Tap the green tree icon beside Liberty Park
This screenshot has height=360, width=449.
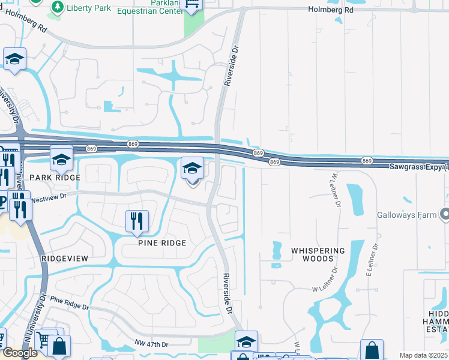point(57,7)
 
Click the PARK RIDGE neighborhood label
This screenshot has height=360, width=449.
point(55,178)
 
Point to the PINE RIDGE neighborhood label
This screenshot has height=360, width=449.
point(162,243)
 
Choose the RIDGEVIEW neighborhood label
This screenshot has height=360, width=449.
point(65,258)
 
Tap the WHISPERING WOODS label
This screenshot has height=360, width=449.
point(318,254)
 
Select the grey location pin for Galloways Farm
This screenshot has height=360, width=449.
point(444,214)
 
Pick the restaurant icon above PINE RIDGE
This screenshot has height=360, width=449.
point(137,221)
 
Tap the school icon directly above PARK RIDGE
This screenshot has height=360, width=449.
point(61,159)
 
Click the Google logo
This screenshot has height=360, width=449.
point(20,353)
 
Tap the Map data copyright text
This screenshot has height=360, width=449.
point(424,356)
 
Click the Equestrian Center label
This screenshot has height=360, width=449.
point(158,10)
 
